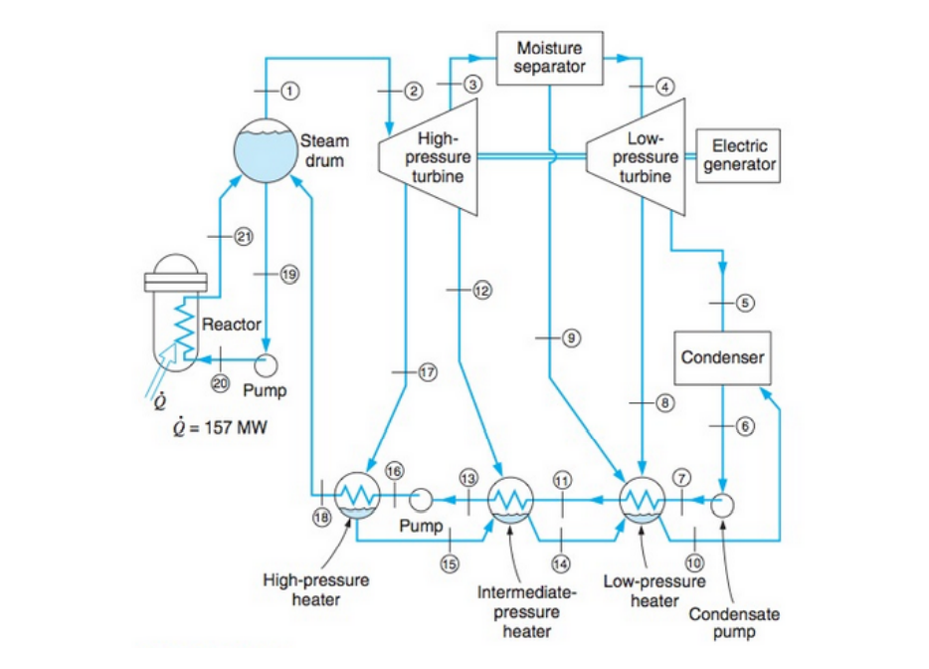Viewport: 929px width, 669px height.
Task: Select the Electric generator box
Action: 739,155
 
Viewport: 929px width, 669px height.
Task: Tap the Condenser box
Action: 723,356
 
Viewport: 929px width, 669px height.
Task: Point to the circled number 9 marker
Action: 571,338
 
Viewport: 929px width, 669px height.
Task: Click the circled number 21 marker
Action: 243,236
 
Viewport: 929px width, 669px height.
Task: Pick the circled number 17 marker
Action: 428,372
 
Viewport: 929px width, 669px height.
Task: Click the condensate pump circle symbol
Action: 723,503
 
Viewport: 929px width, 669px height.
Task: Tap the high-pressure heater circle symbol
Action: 354,495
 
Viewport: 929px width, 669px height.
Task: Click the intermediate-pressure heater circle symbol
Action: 510,498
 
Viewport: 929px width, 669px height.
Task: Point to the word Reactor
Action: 231,325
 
